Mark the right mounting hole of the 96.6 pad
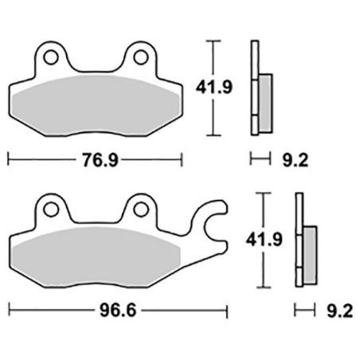[x=141, y=210]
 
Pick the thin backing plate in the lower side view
[x=299, y=239]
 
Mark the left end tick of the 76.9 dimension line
[x=8, y=159]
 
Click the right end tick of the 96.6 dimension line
[x=227, y=307]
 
